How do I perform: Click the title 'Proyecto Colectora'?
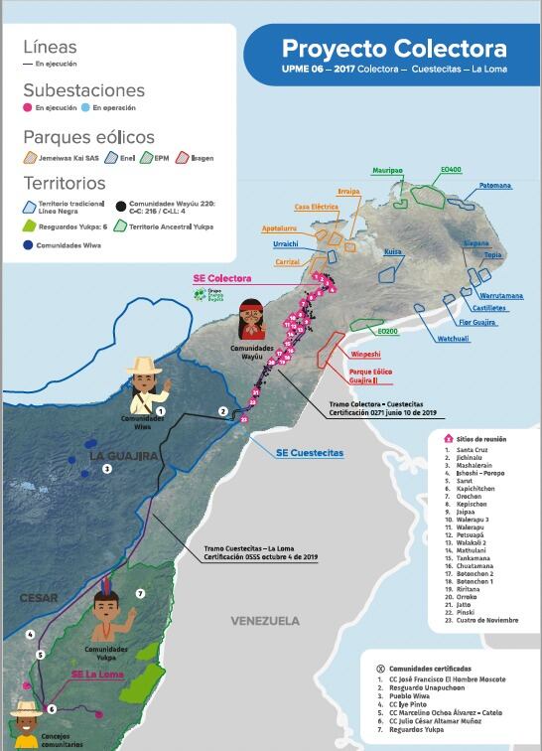click(x=394, y=50)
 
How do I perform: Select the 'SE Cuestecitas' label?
click(x=310, y=452)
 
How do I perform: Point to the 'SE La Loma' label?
click(x=89, y=674)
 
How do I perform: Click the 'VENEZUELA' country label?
click(x=265, y=621)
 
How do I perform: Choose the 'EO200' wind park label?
click(x=387, y=330)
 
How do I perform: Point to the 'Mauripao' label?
click(x=388, y=170)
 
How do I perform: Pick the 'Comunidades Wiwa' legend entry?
click(x=67, y=244)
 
